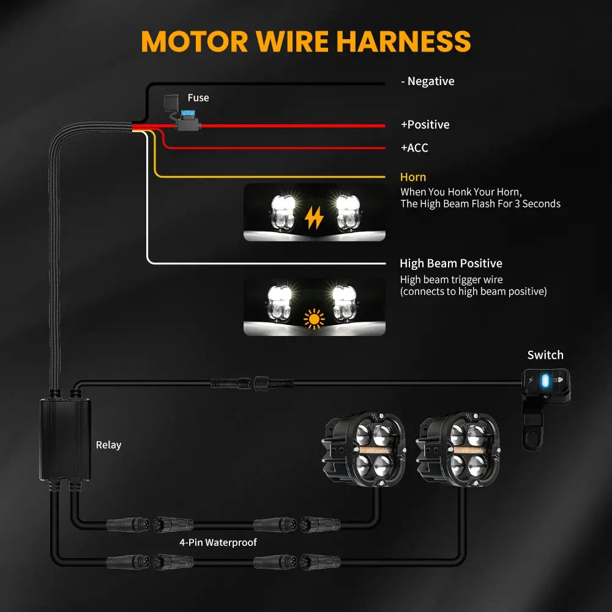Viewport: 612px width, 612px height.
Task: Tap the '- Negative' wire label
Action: click(427, 81)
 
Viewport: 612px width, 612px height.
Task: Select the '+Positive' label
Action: click(425, 125)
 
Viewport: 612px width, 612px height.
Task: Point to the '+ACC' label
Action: click(414, 148)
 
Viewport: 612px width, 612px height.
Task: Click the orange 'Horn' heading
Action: click(412, 177)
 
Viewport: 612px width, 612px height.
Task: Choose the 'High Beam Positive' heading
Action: click(450, 264)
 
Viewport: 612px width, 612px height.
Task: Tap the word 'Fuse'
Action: click(198, 98)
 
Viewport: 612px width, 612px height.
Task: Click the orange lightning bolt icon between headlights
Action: click(315, 217)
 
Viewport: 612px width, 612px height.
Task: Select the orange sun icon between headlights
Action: click(315, 318)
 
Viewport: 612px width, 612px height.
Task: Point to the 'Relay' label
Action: click(108, 445)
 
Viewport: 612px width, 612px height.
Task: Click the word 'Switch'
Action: click(545, 355)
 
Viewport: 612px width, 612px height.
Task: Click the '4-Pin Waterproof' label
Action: click(218, 542)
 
